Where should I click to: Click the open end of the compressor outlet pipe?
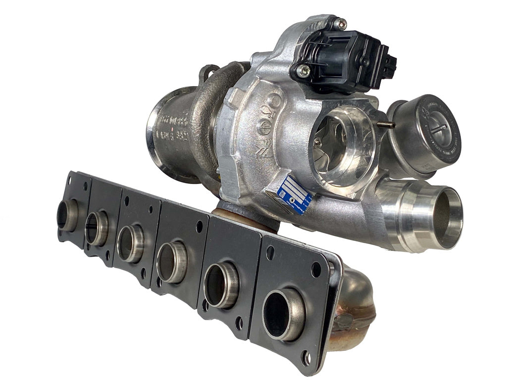tap(449, 212)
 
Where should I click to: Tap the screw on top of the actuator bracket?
tap(340, 23)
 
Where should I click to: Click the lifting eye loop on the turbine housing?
tap(208, 73)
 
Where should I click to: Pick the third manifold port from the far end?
tap(130, 243)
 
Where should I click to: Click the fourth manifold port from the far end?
tap(170, 262)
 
